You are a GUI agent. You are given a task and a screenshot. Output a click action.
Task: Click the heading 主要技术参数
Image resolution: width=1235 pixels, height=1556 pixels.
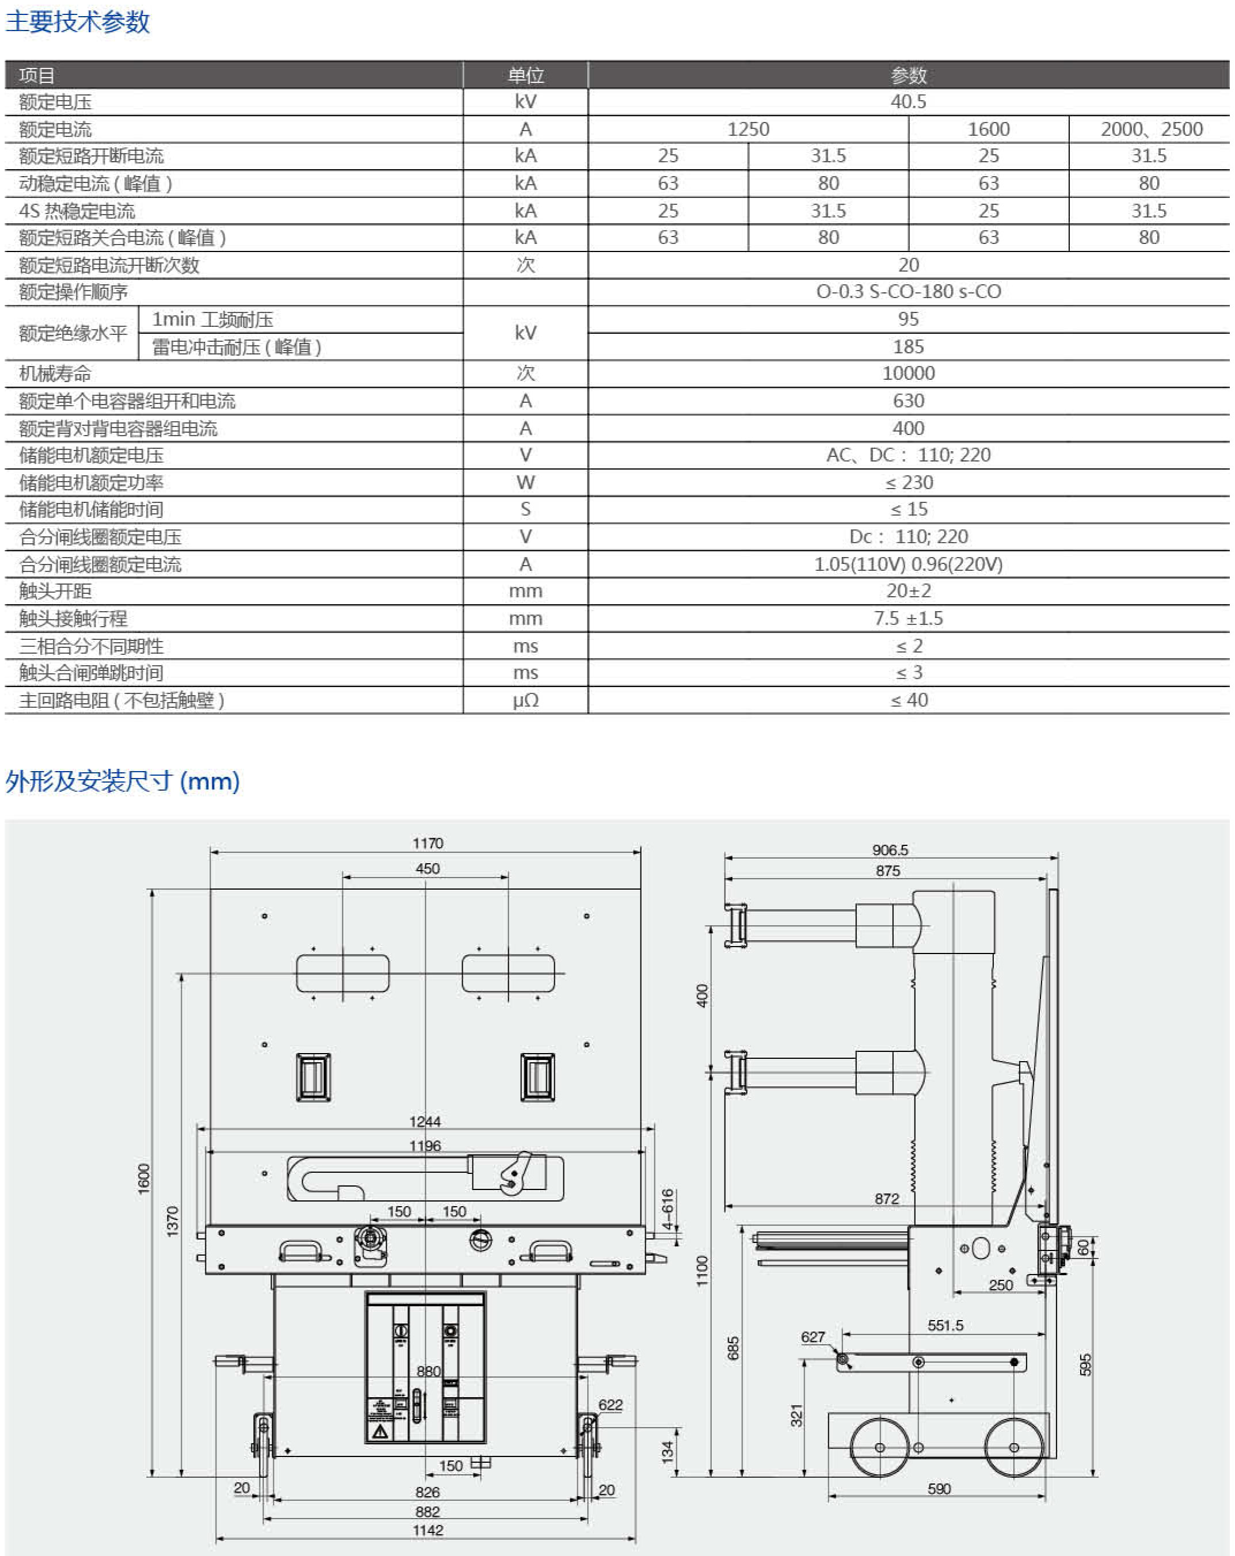77,22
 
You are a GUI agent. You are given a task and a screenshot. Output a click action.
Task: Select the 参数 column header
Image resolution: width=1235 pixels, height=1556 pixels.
908,75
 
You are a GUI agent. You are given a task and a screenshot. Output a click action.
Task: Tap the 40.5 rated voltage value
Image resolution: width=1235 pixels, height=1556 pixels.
908,102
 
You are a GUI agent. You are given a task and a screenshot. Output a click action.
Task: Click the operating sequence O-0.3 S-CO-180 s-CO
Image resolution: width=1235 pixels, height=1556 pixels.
908,292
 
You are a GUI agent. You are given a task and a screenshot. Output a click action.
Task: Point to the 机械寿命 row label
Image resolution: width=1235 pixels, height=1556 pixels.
56,374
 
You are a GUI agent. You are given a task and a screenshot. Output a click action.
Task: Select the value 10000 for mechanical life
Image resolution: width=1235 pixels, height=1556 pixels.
908,373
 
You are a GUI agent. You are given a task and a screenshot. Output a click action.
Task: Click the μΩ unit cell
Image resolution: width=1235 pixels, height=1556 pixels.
525,700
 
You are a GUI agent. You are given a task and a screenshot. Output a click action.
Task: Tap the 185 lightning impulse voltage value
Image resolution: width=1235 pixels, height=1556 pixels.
908,346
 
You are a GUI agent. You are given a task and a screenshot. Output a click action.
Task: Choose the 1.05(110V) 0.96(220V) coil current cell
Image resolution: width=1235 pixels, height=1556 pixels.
908,565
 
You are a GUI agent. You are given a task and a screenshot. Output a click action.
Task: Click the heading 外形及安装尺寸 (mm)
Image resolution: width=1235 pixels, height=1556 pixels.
123,781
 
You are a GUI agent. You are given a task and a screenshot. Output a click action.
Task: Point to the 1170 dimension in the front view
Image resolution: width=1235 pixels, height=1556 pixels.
428,843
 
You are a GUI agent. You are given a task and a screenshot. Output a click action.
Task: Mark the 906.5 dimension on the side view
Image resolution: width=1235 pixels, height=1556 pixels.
889,850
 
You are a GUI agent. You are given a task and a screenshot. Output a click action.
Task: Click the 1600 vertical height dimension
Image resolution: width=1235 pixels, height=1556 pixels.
144,1178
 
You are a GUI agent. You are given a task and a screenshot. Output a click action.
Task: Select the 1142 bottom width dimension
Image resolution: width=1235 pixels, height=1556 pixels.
428,1530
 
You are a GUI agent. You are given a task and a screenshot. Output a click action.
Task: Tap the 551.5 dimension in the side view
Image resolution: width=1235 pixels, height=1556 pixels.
945,1325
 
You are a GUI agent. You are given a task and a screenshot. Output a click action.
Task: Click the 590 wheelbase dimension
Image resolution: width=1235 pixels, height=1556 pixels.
939,1488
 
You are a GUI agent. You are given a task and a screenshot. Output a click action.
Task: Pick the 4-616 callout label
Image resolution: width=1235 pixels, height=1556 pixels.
668,1210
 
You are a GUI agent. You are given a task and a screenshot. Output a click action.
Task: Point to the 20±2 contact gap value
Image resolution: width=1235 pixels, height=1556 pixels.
908,591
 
